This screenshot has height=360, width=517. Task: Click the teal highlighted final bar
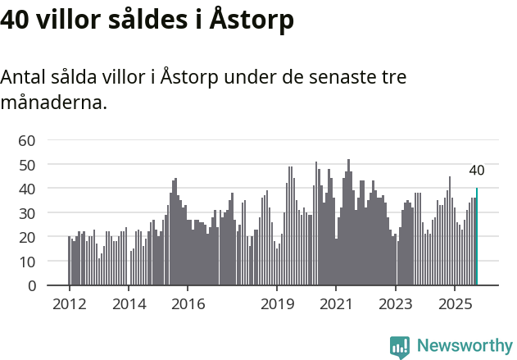477,238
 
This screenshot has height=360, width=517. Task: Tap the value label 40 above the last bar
477,171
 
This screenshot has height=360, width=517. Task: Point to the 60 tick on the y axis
27,140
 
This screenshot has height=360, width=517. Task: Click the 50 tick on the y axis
27,165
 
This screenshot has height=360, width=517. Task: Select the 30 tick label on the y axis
27,213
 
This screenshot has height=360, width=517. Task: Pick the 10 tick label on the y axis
27,262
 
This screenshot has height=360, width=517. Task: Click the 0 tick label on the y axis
31,286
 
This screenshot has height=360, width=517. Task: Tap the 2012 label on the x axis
69,303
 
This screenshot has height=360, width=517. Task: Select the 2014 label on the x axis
128,303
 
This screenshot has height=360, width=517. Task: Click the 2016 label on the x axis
187,303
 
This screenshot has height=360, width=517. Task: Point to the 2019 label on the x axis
277,303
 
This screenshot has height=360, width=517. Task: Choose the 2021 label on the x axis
336,303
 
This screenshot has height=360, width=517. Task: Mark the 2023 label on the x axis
396,303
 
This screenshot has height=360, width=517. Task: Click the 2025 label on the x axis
455,303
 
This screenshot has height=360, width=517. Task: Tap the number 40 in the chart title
16,21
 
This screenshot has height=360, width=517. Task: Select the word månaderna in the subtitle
53,104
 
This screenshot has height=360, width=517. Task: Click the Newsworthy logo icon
400,347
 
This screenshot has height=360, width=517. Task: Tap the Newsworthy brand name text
465,346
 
